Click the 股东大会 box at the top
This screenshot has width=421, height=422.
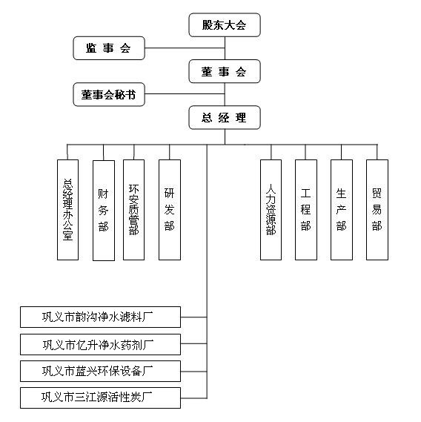(x=225, y=24)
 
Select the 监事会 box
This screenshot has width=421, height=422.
(x=109, y=48)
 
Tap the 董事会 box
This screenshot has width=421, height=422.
(x=225, y=71)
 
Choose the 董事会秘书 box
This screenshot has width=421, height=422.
(x=109, y=94)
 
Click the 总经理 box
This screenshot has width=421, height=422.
(x=225, y=118)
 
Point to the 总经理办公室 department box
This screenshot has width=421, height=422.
(x=67, y=210)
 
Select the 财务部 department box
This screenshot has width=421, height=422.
(x=104, y=211)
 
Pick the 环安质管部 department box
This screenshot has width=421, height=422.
(x=133, y=210)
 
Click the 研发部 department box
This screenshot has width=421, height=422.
(x=170, y=210)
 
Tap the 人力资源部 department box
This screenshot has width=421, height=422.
(x=271, y=210)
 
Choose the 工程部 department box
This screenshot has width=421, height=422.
(x=306, y=210)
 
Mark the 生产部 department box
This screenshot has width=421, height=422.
(x=342, y=210)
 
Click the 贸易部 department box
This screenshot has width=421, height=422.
(x=377, y=210)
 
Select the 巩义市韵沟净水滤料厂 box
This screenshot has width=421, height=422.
(x=100, y=317)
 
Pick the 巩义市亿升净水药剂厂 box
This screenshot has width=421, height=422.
(x=100, y=344)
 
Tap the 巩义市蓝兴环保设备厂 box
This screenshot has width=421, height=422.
(x=100, y=371)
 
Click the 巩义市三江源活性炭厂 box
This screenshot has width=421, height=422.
(x=100, y=398)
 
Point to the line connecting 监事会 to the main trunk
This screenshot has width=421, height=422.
(x=185, y=48)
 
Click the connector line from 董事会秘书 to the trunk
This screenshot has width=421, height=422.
(x=185, y=94)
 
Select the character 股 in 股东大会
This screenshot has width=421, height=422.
(x=208, y=25)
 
